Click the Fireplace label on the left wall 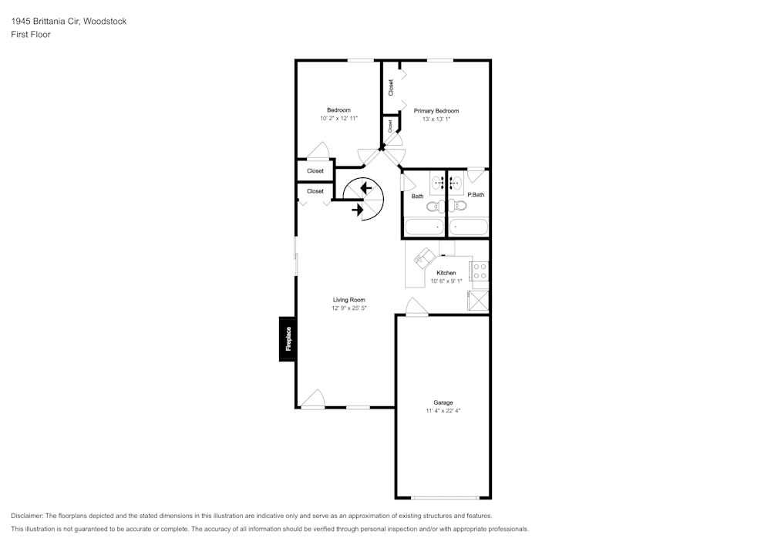288,339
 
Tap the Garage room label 443,402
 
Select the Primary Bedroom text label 436,111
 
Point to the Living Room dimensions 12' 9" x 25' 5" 348,308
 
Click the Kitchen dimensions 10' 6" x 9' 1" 446,281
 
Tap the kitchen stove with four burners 480,271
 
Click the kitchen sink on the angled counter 423,257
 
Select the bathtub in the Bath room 423,227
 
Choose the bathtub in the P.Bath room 469,227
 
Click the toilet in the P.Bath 460,206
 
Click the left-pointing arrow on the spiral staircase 365,187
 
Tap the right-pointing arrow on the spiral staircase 359,209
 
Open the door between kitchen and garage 416,307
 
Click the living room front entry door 313,399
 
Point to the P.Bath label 476,195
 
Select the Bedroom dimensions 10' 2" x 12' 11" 338,119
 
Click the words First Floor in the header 31,35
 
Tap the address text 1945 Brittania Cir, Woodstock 69,22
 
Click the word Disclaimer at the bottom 27,516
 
